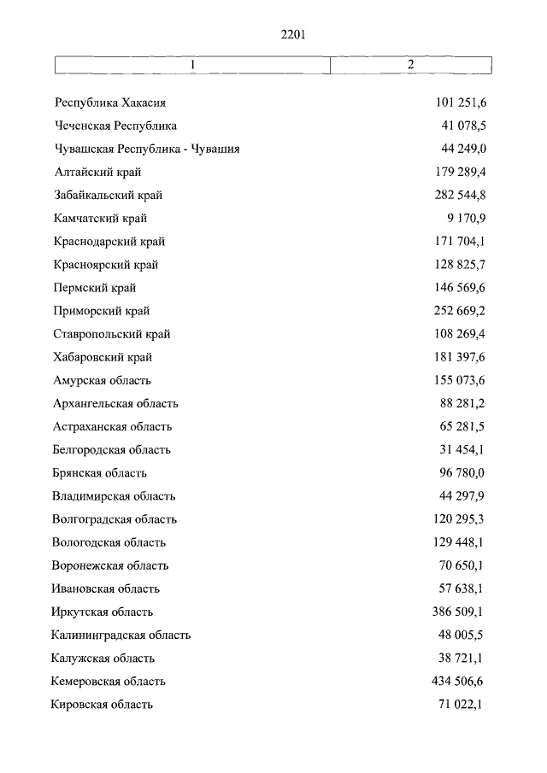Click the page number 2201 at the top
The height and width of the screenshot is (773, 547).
click(292, 35)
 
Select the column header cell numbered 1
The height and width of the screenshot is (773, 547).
click(193, 65)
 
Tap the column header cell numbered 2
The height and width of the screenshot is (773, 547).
click(410, 65)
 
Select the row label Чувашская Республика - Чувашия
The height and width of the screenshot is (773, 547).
click(146, 149)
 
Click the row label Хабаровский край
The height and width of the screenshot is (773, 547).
click(103, 357)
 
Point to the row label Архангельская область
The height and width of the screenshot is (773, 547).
click(115, 403)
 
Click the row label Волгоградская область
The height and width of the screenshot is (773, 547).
click(115, 519)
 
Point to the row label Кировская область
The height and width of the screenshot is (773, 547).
click(102, 705)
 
